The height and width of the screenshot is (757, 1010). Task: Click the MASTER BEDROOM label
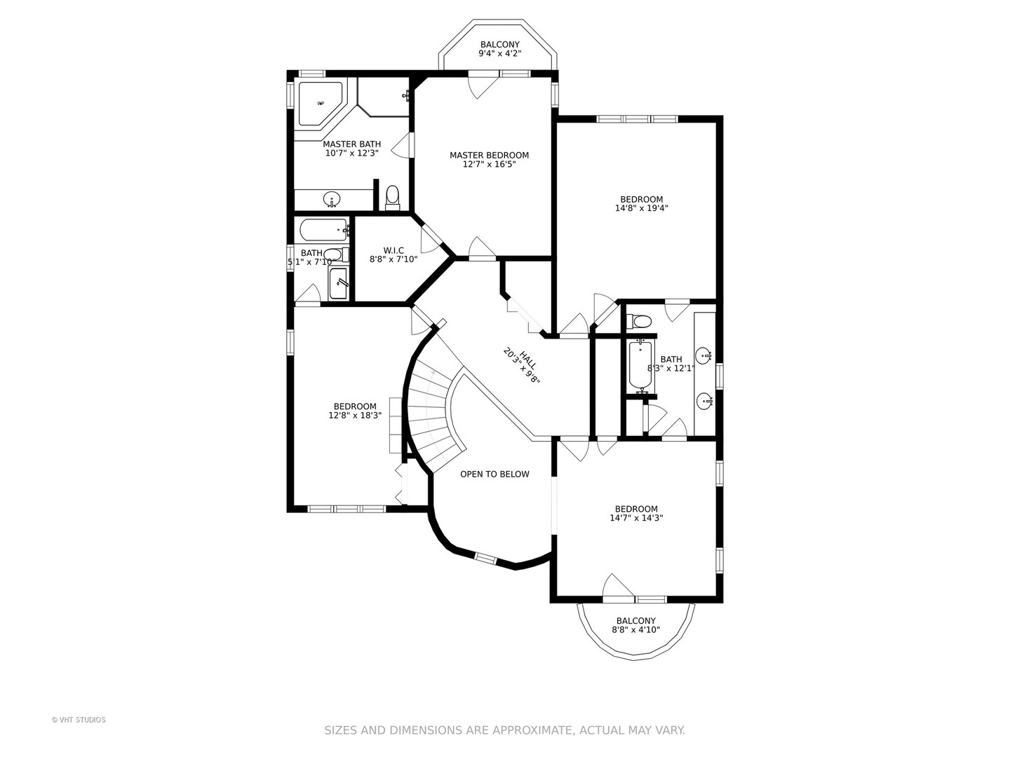489,156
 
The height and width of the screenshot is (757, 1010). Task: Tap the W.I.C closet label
393,250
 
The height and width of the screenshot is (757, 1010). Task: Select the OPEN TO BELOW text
494,474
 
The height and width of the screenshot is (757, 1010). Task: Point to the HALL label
527,360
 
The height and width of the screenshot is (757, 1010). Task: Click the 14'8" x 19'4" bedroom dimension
642,207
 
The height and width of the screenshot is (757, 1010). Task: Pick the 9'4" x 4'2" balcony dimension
499,53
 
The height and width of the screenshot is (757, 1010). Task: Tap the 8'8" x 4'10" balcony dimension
636,629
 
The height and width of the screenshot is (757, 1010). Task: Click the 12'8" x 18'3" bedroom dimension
355,415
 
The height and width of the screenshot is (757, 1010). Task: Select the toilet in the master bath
393,198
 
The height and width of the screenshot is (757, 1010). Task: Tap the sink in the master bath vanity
331,200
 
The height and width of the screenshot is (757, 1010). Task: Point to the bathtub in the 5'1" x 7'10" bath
324,230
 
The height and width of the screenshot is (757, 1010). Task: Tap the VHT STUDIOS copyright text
79,720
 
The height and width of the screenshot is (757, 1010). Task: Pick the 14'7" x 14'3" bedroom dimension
636,517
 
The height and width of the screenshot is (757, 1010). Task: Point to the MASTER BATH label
352,144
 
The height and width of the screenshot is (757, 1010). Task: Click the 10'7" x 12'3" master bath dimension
352,153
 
